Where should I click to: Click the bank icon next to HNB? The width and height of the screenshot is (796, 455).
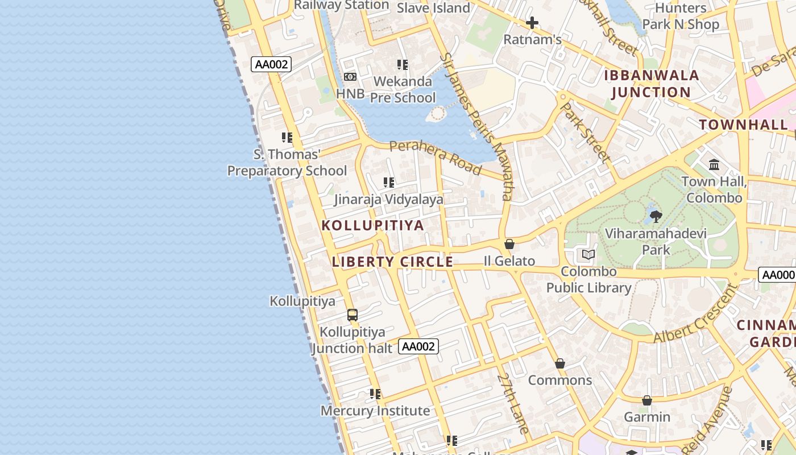pyautogui.click(x=350, y=77)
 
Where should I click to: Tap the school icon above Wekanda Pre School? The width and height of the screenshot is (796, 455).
pyautogui.click(x=403, y=65)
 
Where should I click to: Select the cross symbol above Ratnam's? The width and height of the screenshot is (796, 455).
pyautogui.click(x=532, y=23)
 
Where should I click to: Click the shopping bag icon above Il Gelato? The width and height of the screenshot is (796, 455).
pyautogui.click(x=509, y=244)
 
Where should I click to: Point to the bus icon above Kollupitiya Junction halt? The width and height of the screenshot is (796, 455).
pyautogui.click(x=353, y=315)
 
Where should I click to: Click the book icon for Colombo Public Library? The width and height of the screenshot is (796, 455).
pyautogui.click(x=588, y=254)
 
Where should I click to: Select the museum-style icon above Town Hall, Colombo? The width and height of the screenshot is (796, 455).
pyautogui.click(x=714, y=165)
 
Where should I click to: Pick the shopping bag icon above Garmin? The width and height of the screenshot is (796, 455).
pyautogui.click(x=646, y=400)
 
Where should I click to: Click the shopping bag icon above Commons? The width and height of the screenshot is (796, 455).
pyautogui.click(x=560, y=363)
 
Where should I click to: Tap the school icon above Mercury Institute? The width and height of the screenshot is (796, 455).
pyautogui.click(x=375, y=394)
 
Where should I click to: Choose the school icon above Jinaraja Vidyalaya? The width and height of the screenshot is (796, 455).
pyautogui.click(x=389, y=183)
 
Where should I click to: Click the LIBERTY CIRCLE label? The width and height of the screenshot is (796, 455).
pyautogui.click(x=392, y=262)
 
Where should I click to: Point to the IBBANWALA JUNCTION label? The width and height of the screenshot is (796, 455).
pyautogui.click(x=651, y=84)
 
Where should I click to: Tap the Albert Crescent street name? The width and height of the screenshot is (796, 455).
pyautogui.click(x=695, y=320)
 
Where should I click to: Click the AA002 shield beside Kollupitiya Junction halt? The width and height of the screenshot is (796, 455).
pyautogui.click(x=418, y=346)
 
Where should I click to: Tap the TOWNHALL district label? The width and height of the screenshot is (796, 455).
pyautogui.click(x=743, y=125)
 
